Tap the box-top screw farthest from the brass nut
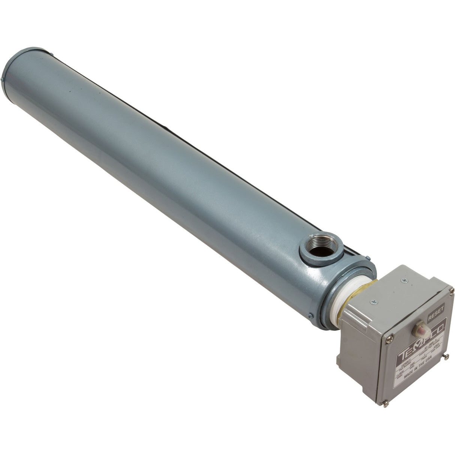tap(404, 280)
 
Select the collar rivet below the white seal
tap(311, 316)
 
